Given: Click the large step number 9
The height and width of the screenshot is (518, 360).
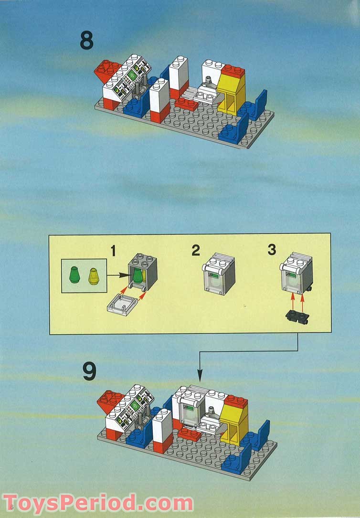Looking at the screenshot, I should [x=89, y=372].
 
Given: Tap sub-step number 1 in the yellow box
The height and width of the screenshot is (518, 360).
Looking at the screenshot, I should [x=113, y=250].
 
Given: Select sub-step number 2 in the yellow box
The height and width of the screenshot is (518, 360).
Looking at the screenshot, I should [x=196, y=250].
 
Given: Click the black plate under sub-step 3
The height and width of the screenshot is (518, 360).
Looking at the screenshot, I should [x=296, y=316].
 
